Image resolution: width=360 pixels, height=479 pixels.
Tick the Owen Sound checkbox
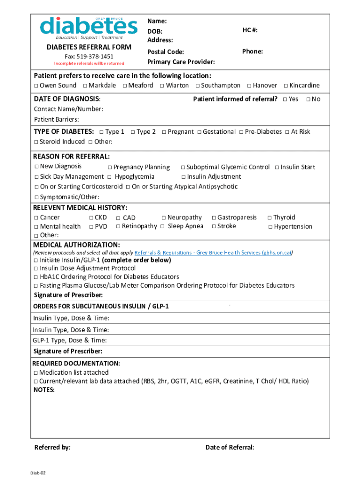[36, 86]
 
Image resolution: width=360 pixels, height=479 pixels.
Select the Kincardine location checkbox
[286, 86]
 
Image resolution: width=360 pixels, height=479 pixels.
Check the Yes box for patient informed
[285, 99]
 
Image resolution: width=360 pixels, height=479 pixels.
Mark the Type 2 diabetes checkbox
[133, 132]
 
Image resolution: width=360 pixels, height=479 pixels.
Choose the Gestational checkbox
[199, 132]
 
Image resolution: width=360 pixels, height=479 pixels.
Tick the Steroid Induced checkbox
[36, 142]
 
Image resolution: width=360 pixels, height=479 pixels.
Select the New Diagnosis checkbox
[36, 167]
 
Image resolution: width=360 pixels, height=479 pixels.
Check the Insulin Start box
[277, 167]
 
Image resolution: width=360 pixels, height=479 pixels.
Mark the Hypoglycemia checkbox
[109, 177]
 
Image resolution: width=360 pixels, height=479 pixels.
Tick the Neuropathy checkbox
[164, 218]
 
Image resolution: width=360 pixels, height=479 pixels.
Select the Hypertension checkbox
[270, 227]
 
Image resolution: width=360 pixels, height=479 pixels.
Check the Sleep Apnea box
[162, 226]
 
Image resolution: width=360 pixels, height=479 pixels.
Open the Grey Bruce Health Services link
[213, 253]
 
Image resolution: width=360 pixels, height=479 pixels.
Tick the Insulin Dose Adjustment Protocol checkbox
[36, 269]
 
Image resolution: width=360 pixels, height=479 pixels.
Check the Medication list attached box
[36, 373]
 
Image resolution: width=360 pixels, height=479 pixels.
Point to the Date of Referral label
[230, 448]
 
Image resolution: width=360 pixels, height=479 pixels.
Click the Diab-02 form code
[38, 473]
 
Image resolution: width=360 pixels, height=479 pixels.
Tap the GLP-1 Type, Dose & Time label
[70, 341]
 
